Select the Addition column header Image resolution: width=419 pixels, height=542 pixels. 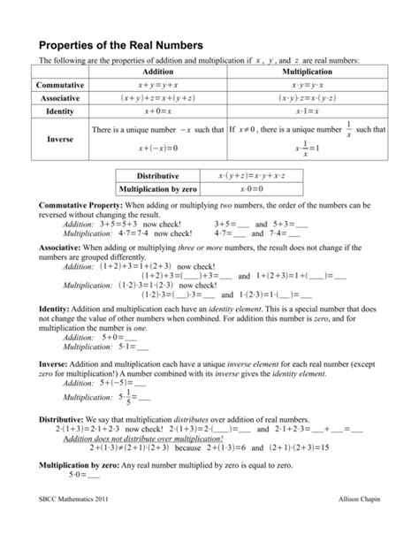[156, 71]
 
